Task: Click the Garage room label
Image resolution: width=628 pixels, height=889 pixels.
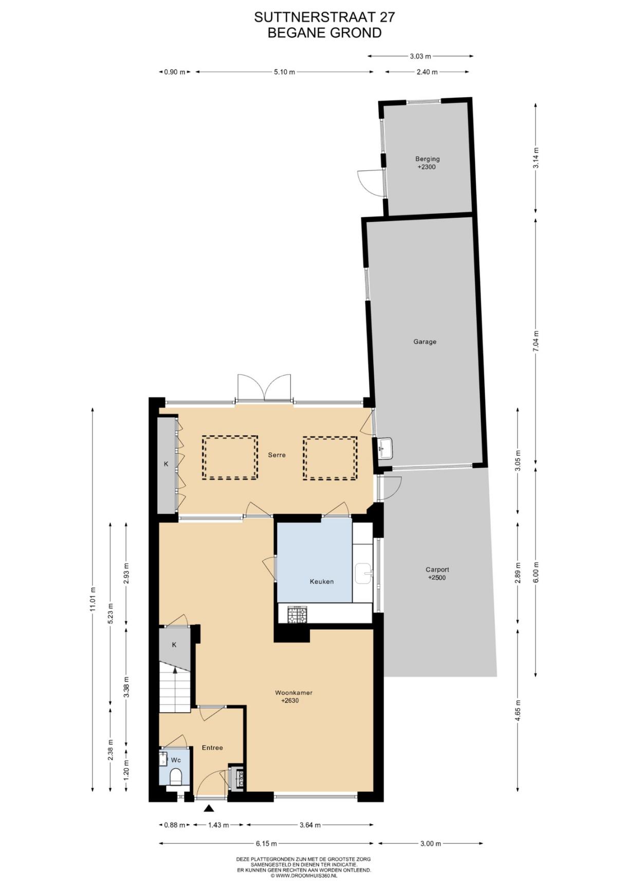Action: (x=424, y=342)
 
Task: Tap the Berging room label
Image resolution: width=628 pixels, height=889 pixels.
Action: (x=427, y=159)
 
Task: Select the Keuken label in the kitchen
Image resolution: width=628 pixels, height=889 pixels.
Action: (x=322, y=581)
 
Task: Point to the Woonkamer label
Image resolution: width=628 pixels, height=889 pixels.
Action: (x=293, y=692)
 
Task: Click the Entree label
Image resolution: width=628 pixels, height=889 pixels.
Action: (x=212, y=748)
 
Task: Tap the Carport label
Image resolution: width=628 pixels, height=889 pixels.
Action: (x=437, y=570)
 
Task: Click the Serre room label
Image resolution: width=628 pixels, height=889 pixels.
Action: (x=276, y=455)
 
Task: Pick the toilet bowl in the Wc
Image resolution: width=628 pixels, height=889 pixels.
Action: (x=175, y=776)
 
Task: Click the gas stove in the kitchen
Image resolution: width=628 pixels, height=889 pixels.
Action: (x=297, y=615)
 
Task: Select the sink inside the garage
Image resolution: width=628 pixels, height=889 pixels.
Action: (x=384, y=448)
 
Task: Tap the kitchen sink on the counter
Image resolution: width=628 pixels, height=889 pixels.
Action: (x=364, y=573)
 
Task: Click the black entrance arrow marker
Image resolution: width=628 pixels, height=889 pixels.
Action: (x=209, y=808)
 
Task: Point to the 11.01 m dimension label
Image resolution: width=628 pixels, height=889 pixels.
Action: (x=93, y=599)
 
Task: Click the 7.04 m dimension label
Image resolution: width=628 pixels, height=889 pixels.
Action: (x=535, y=341)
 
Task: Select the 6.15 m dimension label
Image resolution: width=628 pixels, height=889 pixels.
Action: (x=266, y=843)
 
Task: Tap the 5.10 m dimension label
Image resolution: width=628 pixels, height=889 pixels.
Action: (x=284, y=72)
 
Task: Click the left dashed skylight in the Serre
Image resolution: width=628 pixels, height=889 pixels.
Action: (x=230, y=458)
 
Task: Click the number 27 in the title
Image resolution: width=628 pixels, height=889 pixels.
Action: (x=387, y=17)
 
